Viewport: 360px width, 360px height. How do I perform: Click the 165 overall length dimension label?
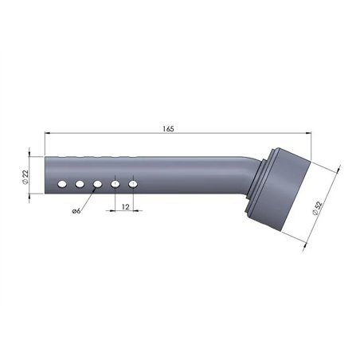168,129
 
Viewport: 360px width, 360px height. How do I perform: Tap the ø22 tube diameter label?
25,177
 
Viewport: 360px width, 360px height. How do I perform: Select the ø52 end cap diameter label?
318,209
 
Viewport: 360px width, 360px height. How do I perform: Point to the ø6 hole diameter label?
76,211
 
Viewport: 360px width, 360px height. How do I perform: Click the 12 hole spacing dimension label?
125,206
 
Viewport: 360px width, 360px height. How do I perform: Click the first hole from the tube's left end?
62,184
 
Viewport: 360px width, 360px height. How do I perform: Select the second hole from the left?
80,184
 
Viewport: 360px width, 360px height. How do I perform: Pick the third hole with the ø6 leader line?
97,184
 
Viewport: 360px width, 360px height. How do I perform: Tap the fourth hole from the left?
115,184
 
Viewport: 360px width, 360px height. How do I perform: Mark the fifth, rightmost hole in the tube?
133,184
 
